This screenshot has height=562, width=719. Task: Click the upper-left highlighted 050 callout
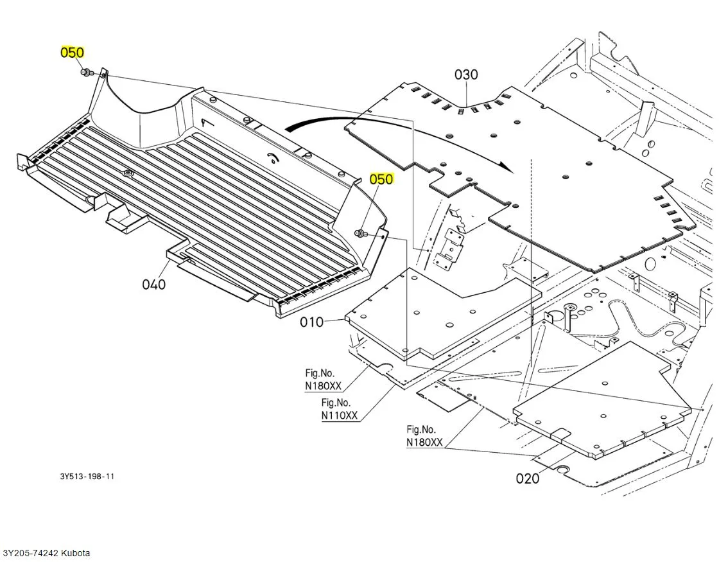72,53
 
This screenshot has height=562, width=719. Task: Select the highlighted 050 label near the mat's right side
381,179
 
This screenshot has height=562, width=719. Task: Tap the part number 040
154,284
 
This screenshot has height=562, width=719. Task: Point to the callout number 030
466,75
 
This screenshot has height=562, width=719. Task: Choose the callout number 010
312,322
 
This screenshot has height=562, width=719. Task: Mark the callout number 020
528,479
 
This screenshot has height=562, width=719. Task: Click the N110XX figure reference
340,416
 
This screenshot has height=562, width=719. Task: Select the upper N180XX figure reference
323,386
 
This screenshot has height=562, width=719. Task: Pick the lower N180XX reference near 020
424,442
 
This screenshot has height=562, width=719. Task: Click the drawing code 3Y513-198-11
87,477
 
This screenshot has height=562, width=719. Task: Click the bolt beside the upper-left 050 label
85,73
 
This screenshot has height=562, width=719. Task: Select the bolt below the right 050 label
360,233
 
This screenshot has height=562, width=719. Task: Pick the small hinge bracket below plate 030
451,247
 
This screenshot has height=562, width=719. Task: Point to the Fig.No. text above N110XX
336,403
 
